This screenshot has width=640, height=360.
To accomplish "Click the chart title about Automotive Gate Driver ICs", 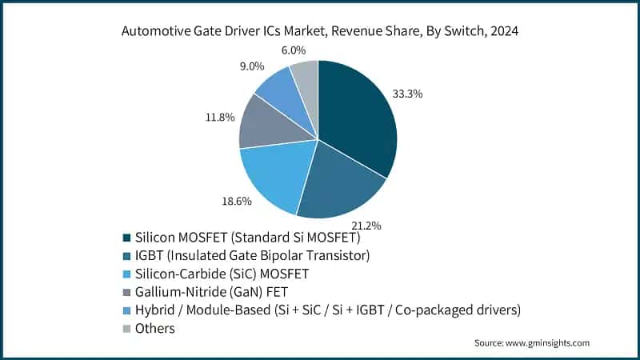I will coord(319,33).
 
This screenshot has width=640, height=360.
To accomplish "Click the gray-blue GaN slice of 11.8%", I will coord(264,124).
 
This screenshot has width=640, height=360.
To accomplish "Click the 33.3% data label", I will coord(407,94).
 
